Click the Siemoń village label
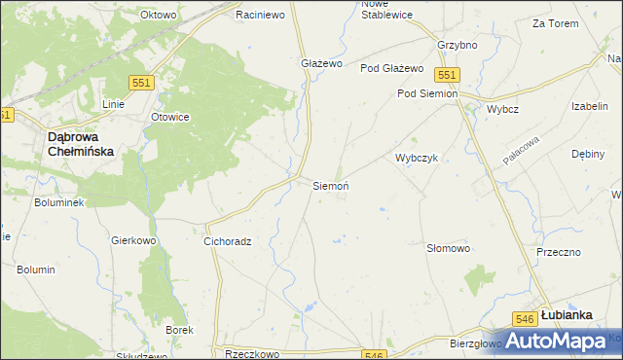click(x=330, y=185)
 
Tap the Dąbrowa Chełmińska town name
click(x=82, y=145)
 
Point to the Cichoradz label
click(x=228, y=240)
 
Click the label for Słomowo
click(x=449, y=248)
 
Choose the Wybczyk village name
click(x=419, y=158)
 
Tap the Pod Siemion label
click(x=426, y=93)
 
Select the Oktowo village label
click(x=158, y=16)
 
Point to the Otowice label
click(x=169, y=117)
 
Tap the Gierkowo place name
click(x=134, y=239)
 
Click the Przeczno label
click(x=558, y=251)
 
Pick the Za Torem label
click(x=551, y=22)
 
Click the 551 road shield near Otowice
click(x=141, y=85)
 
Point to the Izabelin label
click(x=590, y=106)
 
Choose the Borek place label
click(x=179, y=330)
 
